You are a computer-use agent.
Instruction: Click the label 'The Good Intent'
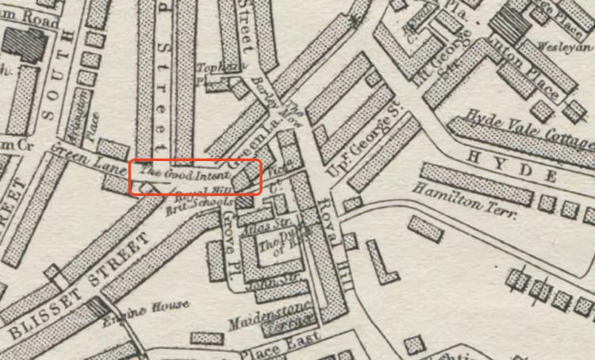[x=185, y=172]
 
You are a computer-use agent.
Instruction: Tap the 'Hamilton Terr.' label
[x=463, y=202]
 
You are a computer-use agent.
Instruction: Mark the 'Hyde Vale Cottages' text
[x=528, y=131]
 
